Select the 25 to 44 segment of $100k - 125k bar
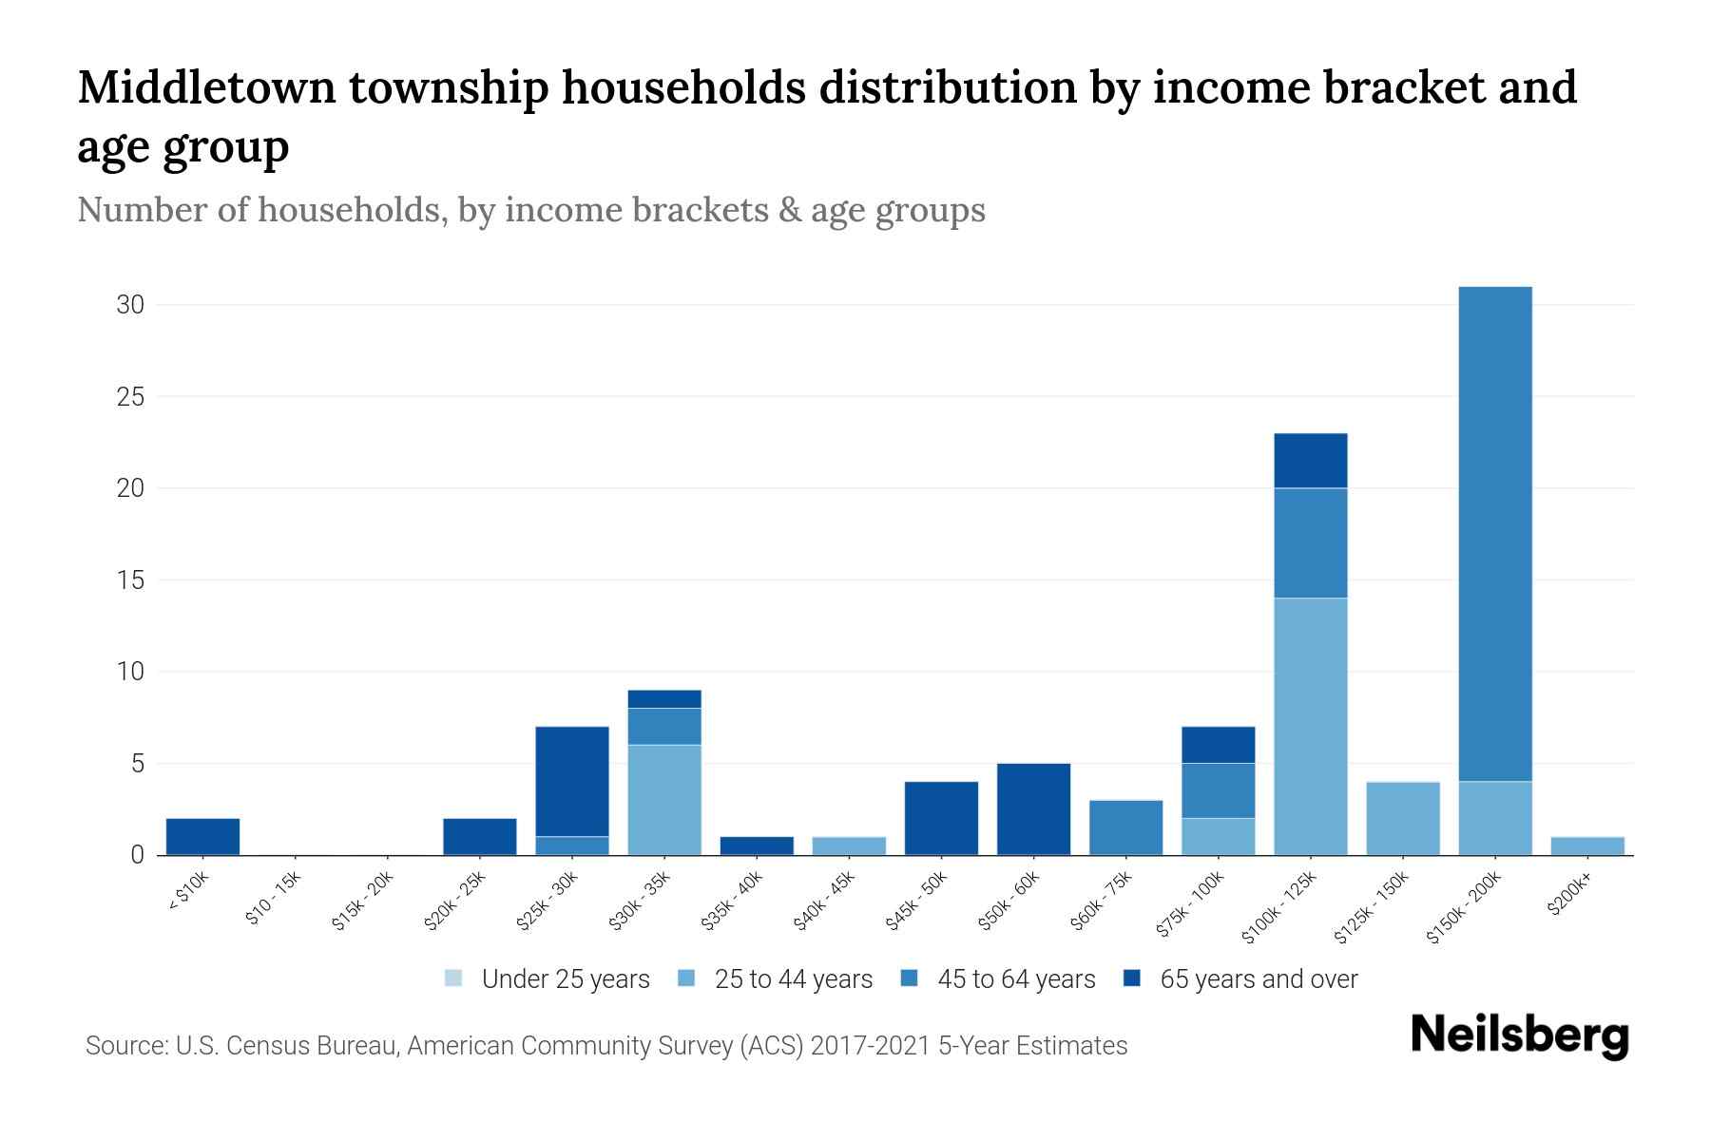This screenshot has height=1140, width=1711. coord(1311,727)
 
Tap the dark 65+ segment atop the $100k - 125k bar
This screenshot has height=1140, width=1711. coord(1311,461)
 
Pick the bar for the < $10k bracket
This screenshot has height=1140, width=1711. coord(202,837)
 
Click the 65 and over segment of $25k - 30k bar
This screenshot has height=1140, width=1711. coord(572,781)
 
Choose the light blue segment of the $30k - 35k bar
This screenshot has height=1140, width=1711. coord(664,800)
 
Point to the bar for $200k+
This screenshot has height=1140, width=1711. coord(1587,845)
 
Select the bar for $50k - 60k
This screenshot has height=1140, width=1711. coord(1033,809)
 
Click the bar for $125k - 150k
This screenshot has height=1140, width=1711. coord(1403,818)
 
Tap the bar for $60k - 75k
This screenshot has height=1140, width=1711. coord(1125,827)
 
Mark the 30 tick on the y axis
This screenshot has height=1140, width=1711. coord(130,305)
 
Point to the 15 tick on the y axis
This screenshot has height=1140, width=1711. coord(130,580)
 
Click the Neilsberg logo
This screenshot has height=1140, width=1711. coord(1520,1035)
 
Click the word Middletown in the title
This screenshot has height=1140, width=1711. coord(206,87)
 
